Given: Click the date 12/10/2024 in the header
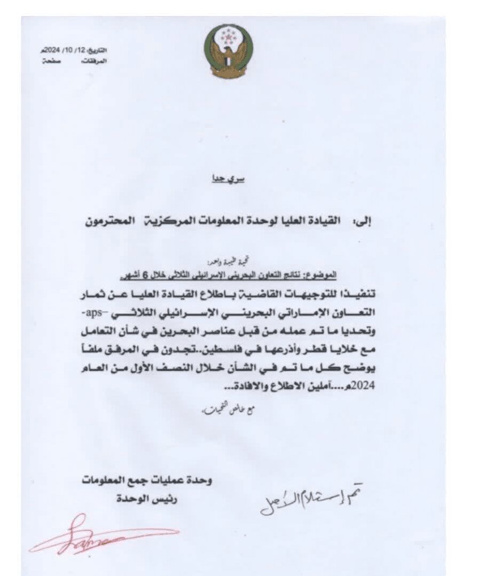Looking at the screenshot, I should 69,50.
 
